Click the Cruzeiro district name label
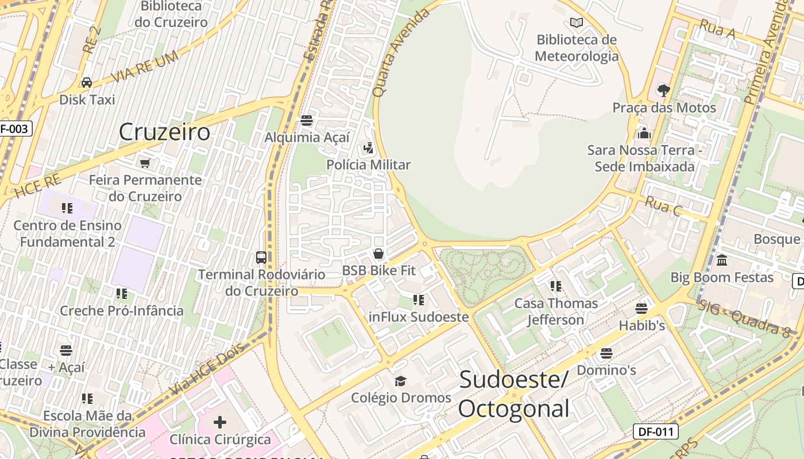[164, 132]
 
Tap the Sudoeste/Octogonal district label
[514, 394]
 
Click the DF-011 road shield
[655, 431]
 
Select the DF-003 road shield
[14, 129]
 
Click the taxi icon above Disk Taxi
[87, 83]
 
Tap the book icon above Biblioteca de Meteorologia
[577, 23]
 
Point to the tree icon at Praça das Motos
[663, 90]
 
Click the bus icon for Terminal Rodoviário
[261, 257]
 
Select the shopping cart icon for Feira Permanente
[146, 163]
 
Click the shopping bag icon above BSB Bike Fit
[378, 254]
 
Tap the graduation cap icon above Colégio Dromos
[400, 381]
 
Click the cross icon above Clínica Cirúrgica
[219, 423]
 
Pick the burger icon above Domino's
[606, 353]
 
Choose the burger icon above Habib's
[641, 309]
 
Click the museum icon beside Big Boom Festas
[722, 260]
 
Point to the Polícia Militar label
[369, 165]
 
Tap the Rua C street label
[663, 205]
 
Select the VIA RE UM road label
[144, 68]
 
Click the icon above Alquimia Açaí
[307, 120]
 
